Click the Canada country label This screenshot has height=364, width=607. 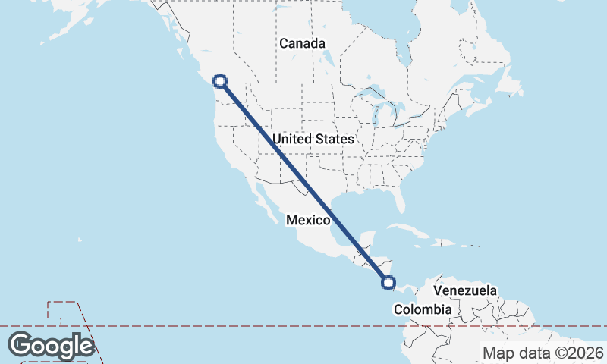[302, 44]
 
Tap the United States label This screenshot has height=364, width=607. [313, 140]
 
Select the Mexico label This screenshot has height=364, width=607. [308, 221]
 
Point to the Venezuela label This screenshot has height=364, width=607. [465, 290]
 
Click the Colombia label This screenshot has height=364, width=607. [423, 309]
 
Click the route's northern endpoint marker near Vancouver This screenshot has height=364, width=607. [220, 80]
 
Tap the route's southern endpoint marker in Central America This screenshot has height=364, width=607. [388, 283]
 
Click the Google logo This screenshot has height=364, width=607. [51, 346]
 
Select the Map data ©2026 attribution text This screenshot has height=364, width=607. [543, 353]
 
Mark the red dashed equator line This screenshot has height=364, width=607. [228, 327]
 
